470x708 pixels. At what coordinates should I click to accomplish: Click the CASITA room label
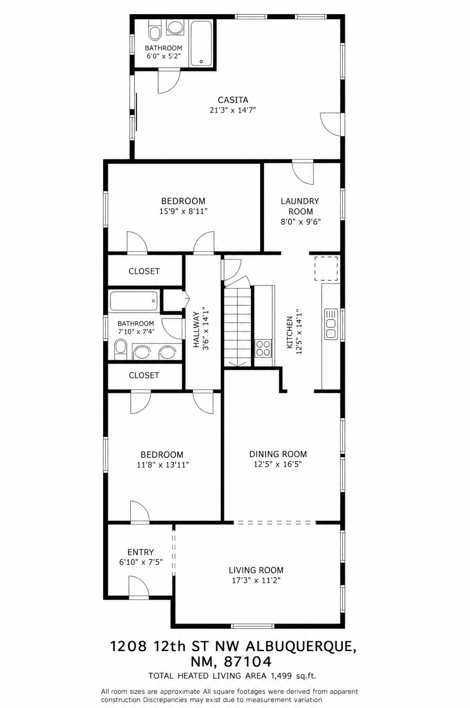[x=233, y=100]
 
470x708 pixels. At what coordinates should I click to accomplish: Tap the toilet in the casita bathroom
[x=154, y=29]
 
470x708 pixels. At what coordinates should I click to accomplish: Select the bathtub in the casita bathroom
[x=201, y=43]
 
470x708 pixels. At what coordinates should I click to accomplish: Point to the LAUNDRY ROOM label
[x=300, y=206]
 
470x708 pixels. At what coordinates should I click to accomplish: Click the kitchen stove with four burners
[x=263, y=348]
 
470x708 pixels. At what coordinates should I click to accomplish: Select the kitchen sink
[x=331, y=324]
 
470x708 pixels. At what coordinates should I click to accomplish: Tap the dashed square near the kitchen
[x=326, y=269]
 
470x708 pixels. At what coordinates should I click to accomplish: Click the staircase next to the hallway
[x=237, y=326]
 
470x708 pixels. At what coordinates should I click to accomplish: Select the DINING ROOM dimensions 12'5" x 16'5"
[x=278, y=464]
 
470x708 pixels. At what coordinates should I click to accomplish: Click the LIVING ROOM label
[x=256, y=570]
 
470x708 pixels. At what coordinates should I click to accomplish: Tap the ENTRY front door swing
[x=138, y=587]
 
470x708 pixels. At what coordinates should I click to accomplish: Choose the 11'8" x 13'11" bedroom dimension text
[x=163, y=465]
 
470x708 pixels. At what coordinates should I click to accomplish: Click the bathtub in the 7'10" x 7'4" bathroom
[x=134, y=301]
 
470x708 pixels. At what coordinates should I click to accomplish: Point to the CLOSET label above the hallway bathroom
[x=144, y=271]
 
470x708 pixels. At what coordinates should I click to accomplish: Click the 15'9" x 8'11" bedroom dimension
[x=183, y=211]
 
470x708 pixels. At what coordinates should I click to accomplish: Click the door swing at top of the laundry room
[x=303, y=172]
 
